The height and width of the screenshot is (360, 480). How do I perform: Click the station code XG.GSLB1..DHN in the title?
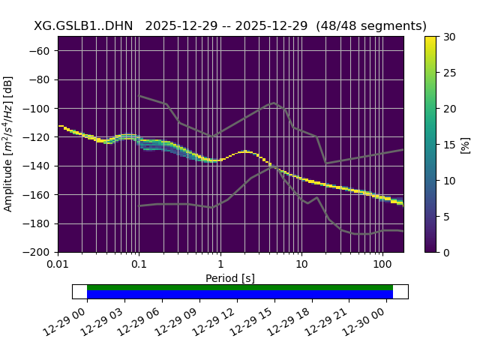point(83,26)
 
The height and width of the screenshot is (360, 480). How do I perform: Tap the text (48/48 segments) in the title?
point(371,26)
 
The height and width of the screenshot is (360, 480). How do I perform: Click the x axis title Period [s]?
point(230,278)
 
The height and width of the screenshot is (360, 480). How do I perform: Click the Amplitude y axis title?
point(9,144)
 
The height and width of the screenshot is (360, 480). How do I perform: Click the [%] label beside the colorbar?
point(466,144)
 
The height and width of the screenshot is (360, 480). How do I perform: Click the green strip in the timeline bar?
point(240,287)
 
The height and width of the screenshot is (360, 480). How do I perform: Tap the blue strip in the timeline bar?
point(240,295)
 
